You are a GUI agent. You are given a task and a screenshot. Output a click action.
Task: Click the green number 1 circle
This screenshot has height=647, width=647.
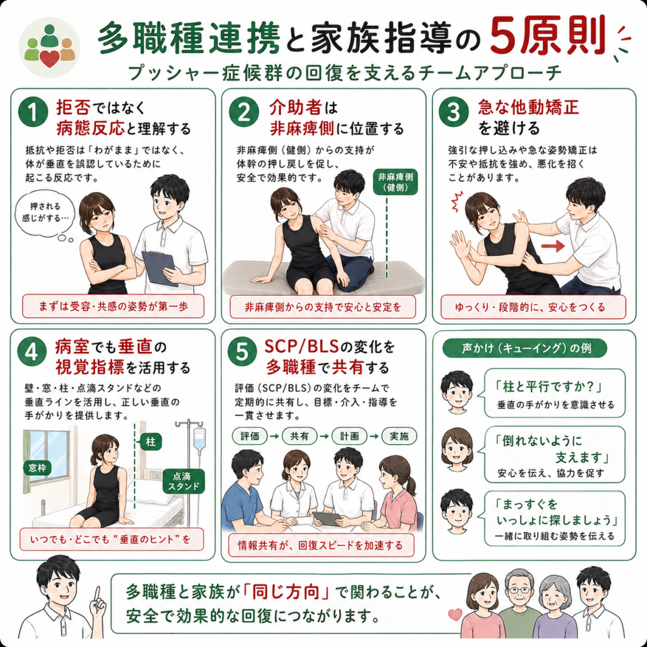coord(33,112)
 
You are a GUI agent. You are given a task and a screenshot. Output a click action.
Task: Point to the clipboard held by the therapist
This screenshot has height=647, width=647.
coord(160,267)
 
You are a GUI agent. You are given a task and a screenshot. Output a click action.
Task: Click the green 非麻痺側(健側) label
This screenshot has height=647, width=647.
coord(396,182)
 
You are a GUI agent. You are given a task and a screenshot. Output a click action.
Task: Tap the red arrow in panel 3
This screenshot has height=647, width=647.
coord(553,246)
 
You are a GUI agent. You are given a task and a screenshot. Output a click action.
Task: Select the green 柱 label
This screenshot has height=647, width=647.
coord(150,442)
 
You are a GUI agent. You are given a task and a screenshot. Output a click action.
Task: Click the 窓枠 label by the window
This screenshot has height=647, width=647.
coord(37,468)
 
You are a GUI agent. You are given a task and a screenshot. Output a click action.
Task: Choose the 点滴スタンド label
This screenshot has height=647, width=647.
coord(184,481)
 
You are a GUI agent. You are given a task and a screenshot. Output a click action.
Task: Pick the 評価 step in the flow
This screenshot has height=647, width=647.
coord(250,436)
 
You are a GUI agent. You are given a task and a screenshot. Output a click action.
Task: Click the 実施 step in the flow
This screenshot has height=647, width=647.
coord(399,436)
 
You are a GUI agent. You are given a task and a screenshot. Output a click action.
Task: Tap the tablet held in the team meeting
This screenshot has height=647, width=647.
coord(327,518)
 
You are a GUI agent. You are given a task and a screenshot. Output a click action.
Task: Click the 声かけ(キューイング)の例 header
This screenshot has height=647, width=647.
coord(524,348)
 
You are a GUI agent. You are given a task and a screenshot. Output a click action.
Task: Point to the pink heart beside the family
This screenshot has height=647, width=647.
coord(456,615)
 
